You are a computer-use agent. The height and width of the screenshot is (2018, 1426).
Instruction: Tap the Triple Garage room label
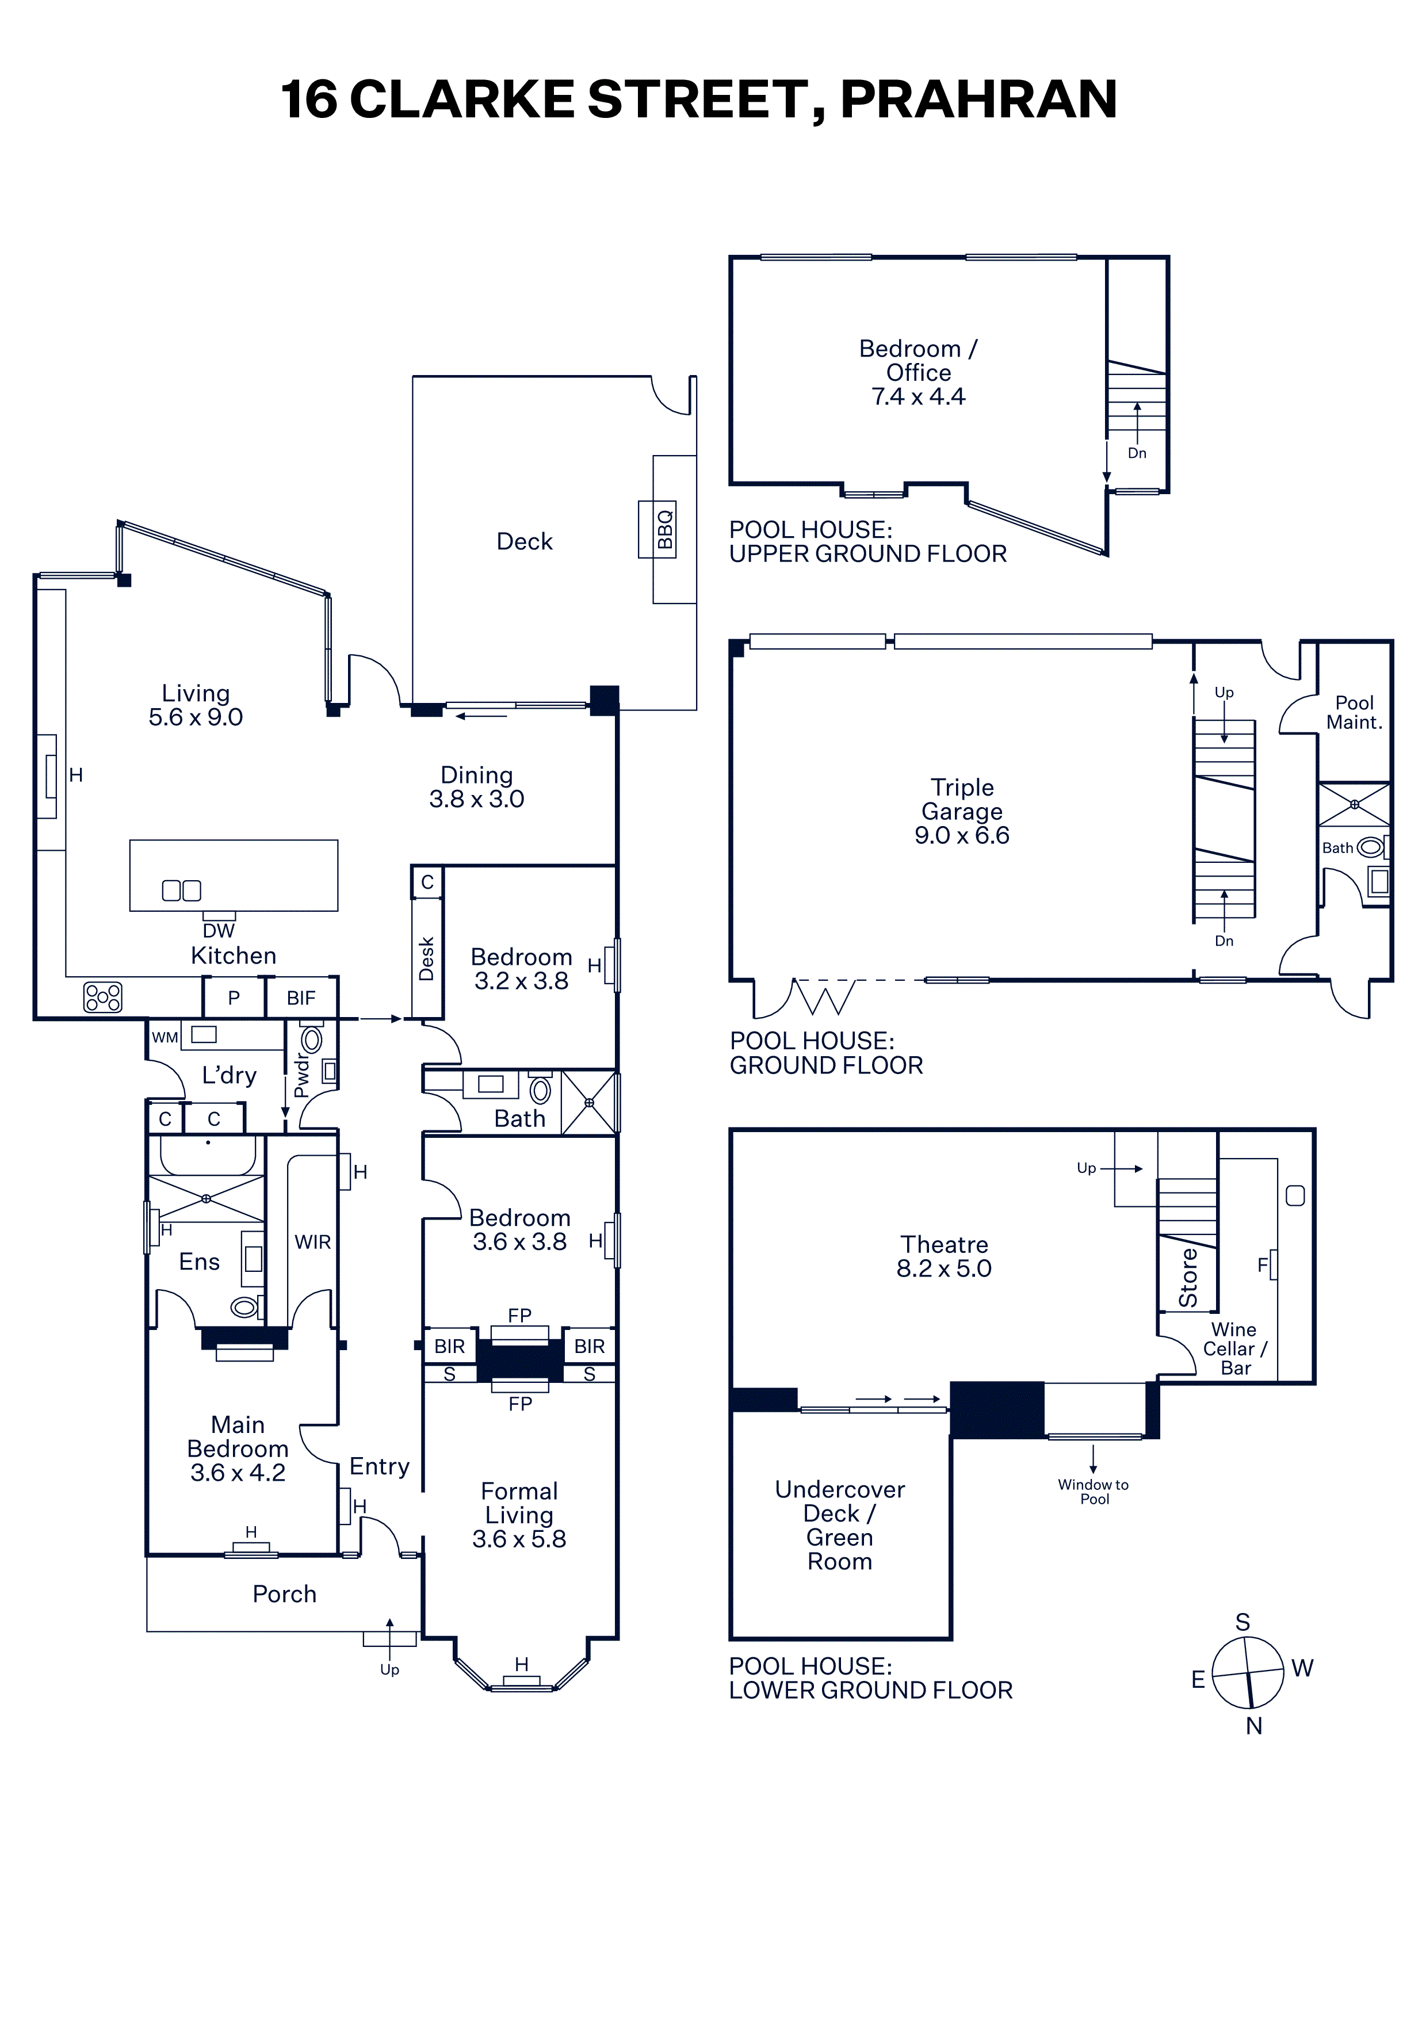click(x=962, y=811)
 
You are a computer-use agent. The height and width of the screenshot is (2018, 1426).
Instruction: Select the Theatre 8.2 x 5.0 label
click(x=943, y=1257)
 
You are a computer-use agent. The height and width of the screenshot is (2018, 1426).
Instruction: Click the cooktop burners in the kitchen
click(x=103, y=997)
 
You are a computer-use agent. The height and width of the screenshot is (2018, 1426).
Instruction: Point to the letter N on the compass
click(x=1254, y=1725)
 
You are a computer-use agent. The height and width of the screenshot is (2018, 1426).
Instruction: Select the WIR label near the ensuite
click(x=313, y=1242)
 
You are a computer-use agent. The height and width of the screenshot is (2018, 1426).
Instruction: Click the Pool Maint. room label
click(x=1354, y=713)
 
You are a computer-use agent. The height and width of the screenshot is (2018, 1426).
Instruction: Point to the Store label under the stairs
click(x=1188, y=1277)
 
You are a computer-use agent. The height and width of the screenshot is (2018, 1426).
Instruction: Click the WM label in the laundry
click(x=165, y=1037)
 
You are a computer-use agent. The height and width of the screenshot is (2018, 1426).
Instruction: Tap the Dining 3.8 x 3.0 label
click(x=476, y=786)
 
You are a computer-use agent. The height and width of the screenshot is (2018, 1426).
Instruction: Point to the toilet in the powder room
click(x=311, y=1039)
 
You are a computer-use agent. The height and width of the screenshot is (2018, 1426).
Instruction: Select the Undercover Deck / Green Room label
click(x=840, y=1525)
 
